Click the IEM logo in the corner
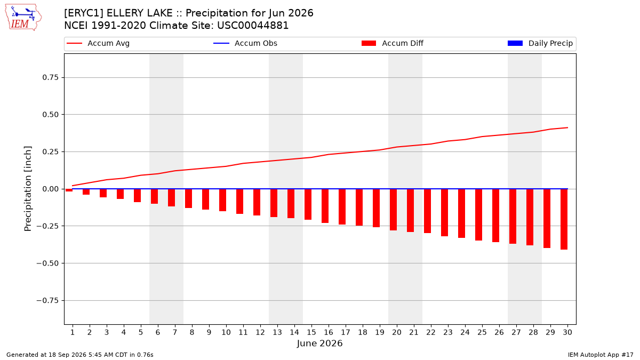23,18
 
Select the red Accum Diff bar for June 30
564,219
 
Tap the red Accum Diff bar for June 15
308,204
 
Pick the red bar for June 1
69,190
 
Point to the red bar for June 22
427,211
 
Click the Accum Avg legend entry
98,43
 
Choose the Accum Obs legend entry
245,43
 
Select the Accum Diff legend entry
393,43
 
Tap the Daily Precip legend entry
540,43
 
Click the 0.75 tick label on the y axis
50,77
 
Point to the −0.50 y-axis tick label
47,263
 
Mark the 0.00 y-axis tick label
50,189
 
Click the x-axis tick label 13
277,332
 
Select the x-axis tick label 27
516,332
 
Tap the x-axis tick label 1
73,332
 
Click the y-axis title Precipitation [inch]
28,189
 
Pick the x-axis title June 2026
319,343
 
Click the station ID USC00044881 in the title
253,26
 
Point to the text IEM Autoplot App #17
601,355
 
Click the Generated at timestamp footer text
79,355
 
